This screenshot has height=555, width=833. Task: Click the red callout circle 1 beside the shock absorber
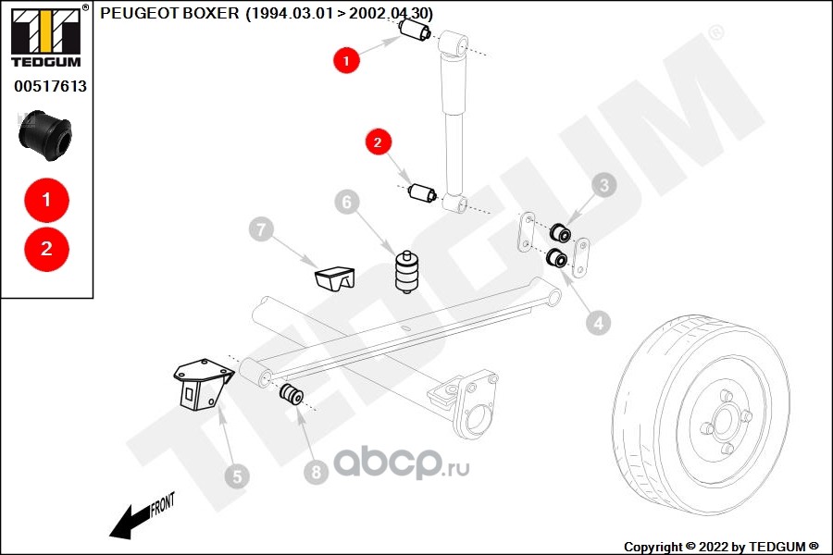tap(346, 61)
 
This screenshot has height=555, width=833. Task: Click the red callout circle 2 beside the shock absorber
tap(378, 142)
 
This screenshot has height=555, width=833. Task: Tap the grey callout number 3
tap(604, 186)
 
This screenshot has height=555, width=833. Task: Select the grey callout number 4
tap(598, 323)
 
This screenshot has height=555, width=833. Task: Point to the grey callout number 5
tap(236, 477)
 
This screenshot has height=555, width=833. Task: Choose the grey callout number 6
tap(347, 202)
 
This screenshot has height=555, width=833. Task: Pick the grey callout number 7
tap(261, 228)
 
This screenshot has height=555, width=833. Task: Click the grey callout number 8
tap(316, 473)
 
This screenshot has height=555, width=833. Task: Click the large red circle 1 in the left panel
tap(46, 199)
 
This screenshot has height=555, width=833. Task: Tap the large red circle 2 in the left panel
tap(46, 248)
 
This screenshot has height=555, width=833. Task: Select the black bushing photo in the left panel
tap(45, 135)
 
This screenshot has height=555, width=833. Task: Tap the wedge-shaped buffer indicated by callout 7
tap(334, 277)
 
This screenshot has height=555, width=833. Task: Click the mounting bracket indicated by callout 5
tap(199, 384)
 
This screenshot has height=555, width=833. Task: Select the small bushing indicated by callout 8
tap(291, 395)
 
